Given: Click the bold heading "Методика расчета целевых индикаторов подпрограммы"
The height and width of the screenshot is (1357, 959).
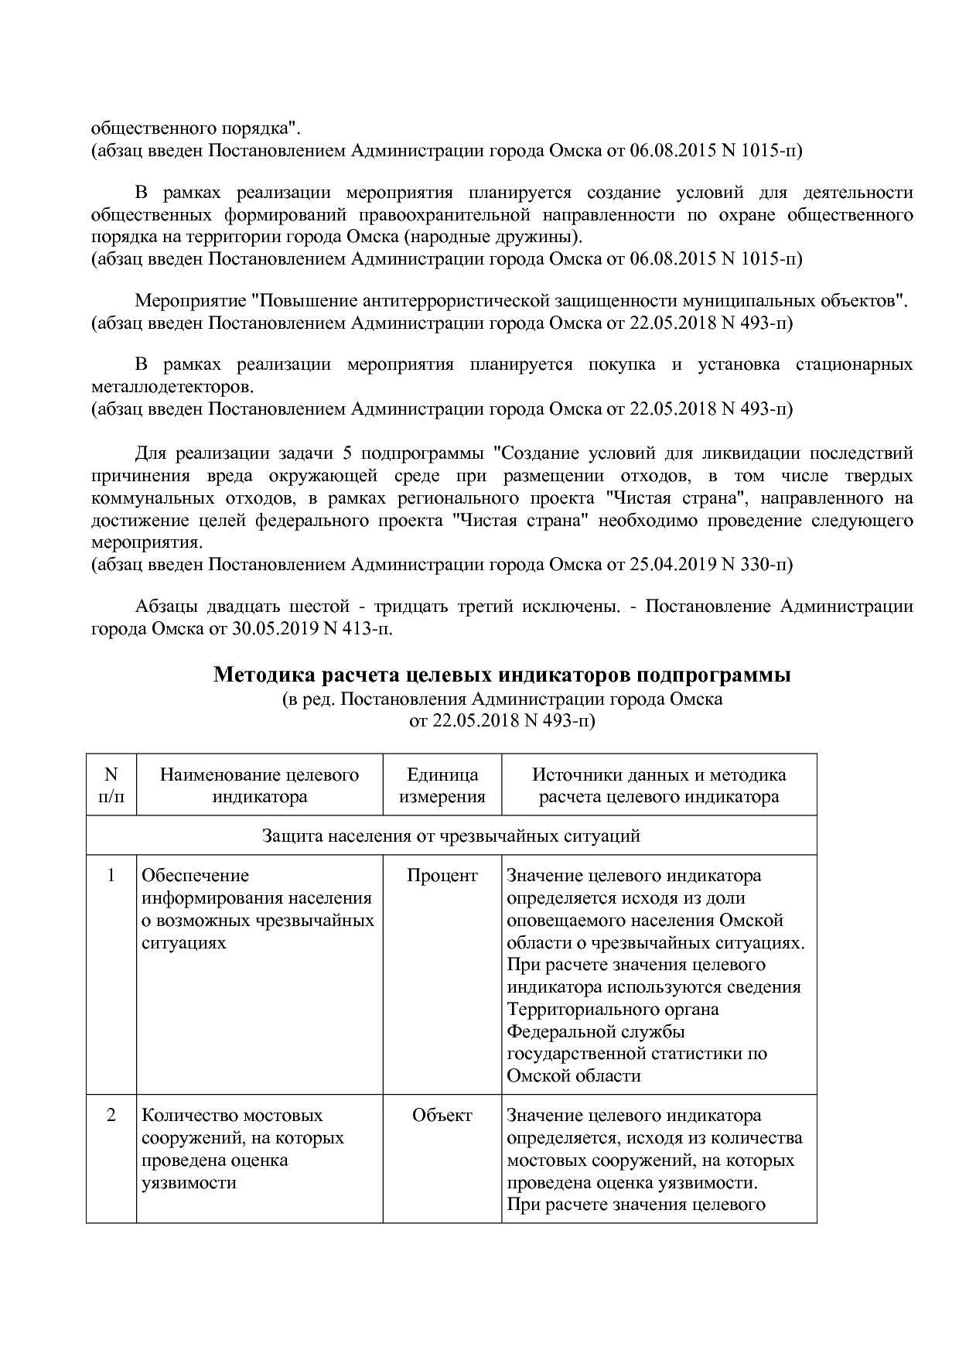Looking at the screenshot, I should (502, 675).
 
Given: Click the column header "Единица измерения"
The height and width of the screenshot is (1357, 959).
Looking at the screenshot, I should (442, 785).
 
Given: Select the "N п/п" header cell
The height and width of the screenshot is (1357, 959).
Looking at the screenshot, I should (111, 785).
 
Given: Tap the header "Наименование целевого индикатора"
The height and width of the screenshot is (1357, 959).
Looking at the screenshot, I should (260, 785).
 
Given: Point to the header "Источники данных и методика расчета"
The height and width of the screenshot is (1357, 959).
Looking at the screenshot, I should (659, 785).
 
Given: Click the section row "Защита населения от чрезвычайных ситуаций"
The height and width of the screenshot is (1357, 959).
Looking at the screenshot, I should (452, 836).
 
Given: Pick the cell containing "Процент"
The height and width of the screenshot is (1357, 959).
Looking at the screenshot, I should (442, 876).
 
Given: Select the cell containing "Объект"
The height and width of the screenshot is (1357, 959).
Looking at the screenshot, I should (442, 1116).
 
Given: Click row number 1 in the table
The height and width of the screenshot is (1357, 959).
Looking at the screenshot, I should (111, 876).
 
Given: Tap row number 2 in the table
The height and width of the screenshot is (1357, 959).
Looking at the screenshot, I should (111, 1116).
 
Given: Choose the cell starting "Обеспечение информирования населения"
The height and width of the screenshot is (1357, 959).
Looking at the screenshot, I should (258, 909).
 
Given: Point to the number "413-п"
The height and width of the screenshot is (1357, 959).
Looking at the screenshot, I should (370, 629).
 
